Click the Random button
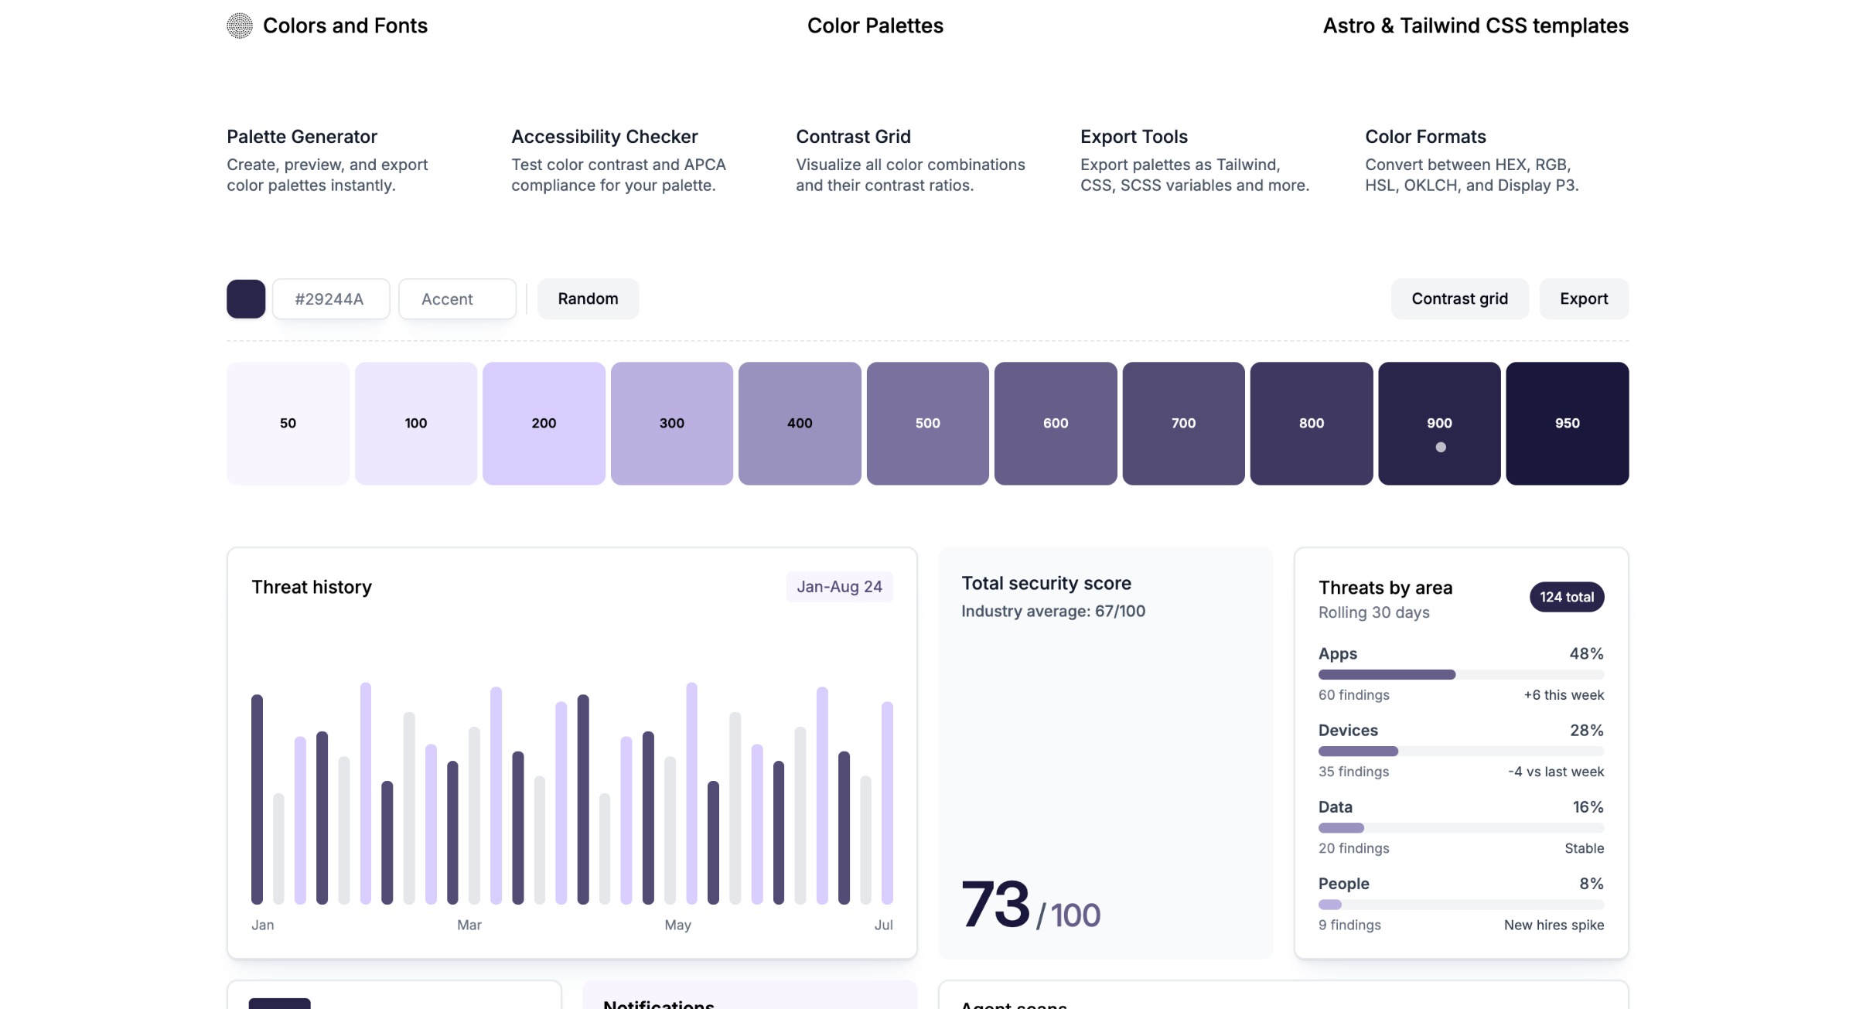(588, 298)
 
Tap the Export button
(1583, 298)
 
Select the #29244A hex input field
(330, 299)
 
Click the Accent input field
(456, 299)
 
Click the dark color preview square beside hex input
(246, 298)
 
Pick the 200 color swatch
(544, 423)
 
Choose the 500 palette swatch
(927, 423)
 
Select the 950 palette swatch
(1567, 423)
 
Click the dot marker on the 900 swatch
(1440, 447)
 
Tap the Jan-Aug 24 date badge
(839, 587)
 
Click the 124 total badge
(1566, 597)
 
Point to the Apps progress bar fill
(1386, 674)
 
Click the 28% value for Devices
(1586, 730)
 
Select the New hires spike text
(1553, 925)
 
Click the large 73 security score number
(995, 904)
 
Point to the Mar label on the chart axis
(469, 925)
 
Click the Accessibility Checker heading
(604, 137)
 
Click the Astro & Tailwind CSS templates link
(1475, 26)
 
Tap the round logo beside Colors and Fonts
(240, 26)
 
